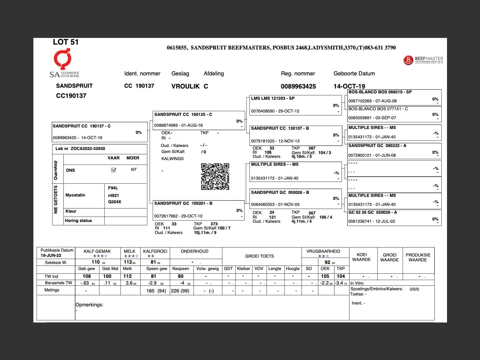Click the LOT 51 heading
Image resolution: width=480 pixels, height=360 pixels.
pyautogui.click(x=66, y=42)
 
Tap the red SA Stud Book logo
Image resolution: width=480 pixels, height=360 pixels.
pyautogui.click(x=62, y=59)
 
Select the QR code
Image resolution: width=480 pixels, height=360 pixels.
pyautogui.click(x=215, y=177)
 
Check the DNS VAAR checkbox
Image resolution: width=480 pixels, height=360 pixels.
pyautogui.click(x=114, y=170)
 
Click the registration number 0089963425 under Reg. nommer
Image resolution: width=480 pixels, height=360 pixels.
pyautogui.click(x=298, y=86)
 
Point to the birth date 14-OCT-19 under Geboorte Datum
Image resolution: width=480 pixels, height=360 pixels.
pyautogui.click(x=349, y=86)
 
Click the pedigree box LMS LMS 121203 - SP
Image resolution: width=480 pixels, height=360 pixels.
pyautogui.click(x=295, y=105)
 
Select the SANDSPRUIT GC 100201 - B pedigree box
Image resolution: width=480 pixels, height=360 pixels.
pyautogui.click(x=198, y=210)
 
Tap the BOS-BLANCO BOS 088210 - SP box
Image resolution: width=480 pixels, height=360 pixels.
pyautogui.click(x=394, y=96)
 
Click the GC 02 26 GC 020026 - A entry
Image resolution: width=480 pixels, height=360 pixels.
pyautogui.click(x=394, y=217)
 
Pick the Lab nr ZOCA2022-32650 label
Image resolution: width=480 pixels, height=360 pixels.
pyautogui.click(x=80, y=148)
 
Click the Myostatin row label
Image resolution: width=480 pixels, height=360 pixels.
pyautogui.click(x=75, y=195)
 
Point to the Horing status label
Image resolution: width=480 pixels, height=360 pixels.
pyautogui.click(x=78, y=220)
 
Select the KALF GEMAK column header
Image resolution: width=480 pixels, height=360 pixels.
pyautogui.click(x=97, y=251)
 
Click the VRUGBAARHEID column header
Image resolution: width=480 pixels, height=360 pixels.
pyautogui.click(x=323, y=251)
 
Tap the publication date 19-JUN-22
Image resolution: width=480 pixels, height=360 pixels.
pyautogui.click(x=51, y=255)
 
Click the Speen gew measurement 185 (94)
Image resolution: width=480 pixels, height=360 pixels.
pyautogui.click(x=156, y=291)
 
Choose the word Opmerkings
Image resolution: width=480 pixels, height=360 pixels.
pyautogui.click(x=89, y=304)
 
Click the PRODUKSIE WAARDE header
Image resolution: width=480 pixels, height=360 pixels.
pyautogui.click(x=418, y=257)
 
